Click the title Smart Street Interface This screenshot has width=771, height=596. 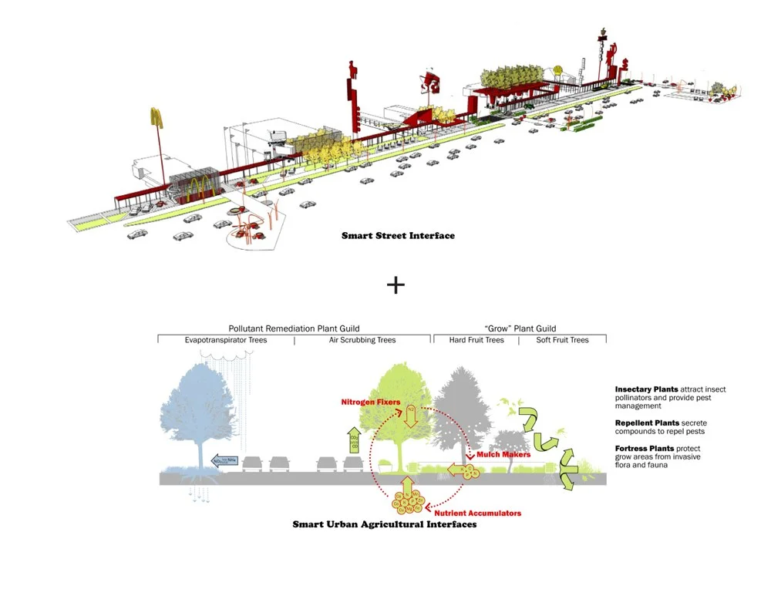398,235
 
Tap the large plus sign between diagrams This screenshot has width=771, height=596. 396,285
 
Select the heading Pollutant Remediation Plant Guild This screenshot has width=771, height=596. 294,328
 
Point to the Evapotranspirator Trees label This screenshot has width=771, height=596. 225,340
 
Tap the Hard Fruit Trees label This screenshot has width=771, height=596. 476,340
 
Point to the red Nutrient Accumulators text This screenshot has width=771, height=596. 478,513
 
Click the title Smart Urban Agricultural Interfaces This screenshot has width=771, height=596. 384,524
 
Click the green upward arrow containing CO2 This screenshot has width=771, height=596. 354,440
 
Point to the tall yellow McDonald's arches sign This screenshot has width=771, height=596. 157,119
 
